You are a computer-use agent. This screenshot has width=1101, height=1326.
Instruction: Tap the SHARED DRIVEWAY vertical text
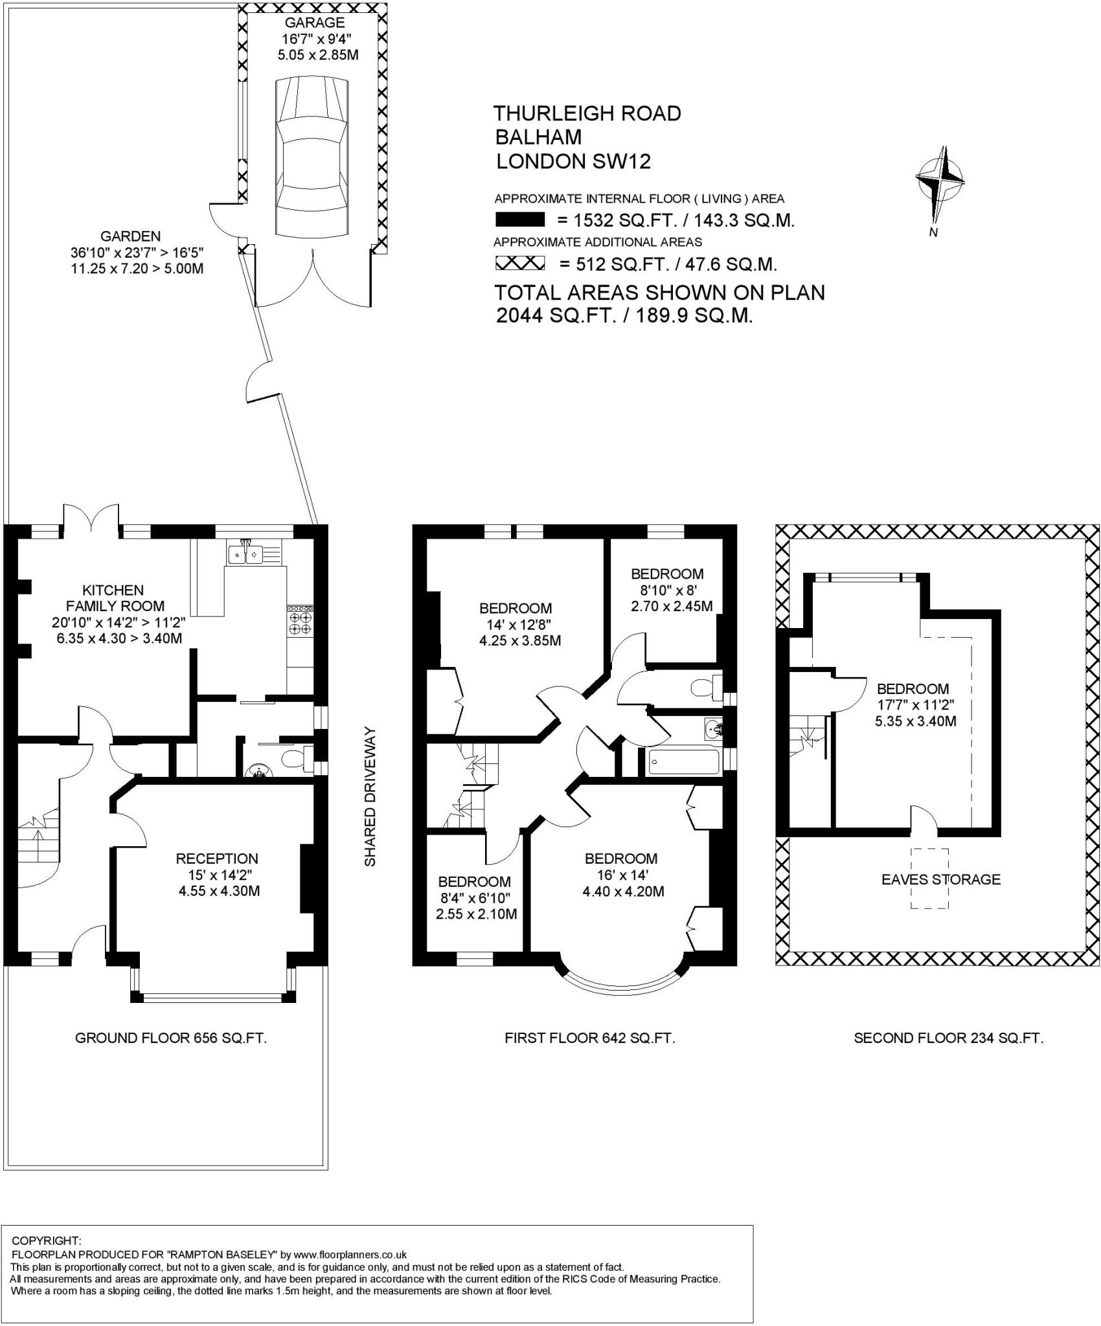[x=369, y=796]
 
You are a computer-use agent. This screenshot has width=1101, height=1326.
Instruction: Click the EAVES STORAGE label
[x=941, y=879]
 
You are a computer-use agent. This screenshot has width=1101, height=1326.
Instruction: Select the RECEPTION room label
[x=217, y=859]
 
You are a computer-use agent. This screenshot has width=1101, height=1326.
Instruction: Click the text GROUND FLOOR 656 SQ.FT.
[x=171, y=1038]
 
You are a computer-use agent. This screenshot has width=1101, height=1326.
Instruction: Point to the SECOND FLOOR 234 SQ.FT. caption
[x=949, y=1038]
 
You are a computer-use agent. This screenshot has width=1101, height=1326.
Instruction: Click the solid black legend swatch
[x=519, y=220]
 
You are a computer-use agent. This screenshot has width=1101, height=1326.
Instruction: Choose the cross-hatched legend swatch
[x=519, y=264]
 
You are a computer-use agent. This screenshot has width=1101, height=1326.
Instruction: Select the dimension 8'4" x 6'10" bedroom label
[x=474, y=898]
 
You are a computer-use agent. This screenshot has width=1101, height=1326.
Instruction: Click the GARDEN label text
[x=130, y=236]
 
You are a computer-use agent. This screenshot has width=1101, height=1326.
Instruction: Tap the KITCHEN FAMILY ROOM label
[x=123, y=598]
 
